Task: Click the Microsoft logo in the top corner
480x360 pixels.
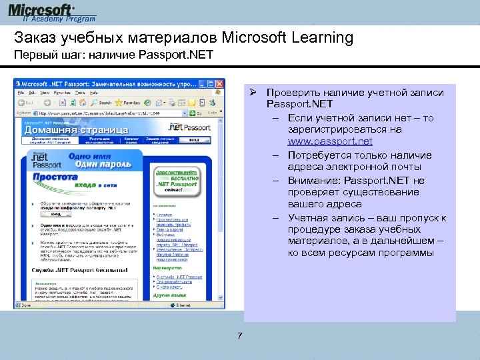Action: click(x=41, y=11)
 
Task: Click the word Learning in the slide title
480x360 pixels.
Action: click(x=319, y=37)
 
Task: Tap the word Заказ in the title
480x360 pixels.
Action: click(x=34, y=37)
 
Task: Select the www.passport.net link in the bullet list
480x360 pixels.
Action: click(x=330, y=142)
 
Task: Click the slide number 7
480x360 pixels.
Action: click(x=239, y=335)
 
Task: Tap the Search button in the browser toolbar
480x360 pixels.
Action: click(x=102, y=103)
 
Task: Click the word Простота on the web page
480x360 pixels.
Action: click(x=57, y=178)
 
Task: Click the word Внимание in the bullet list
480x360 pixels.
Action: click(x=311, y=180)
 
